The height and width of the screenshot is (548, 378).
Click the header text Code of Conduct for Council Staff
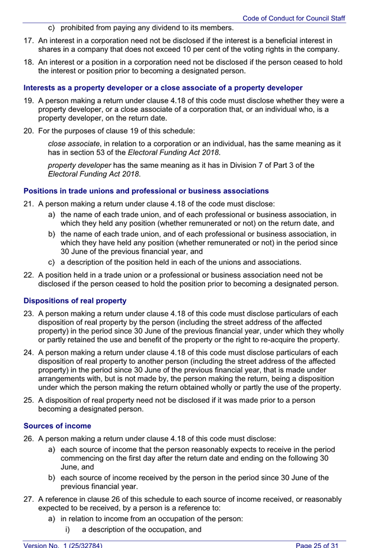point(293,18)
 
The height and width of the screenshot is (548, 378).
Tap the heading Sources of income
point(57,426)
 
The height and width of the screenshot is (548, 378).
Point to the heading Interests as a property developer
point(162,88)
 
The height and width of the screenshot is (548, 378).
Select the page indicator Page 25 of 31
point(320,544)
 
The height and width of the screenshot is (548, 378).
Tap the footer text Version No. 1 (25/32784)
point(63,544)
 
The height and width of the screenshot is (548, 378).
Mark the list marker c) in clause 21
point(51,262)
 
